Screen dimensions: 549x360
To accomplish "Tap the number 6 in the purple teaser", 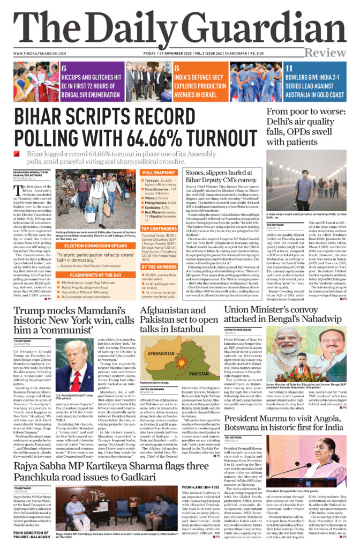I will (64, 69).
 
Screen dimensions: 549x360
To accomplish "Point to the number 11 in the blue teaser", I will (288, 69).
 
